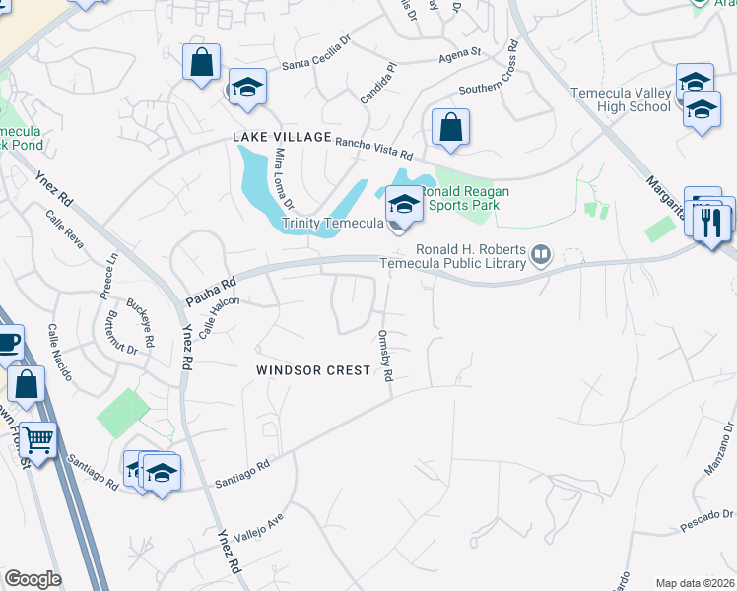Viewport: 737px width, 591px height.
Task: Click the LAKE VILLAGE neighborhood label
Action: coord(282,138)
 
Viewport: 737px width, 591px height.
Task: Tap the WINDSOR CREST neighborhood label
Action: coord(313,370)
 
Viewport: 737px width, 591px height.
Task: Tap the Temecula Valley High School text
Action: coord(621,99)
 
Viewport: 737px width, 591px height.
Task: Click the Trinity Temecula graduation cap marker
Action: coord(403,205)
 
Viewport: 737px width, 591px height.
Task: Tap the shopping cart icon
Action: coord(37,441)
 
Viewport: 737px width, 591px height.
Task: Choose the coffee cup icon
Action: coord(8,343)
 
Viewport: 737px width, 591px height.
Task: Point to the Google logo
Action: coord(33,579)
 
